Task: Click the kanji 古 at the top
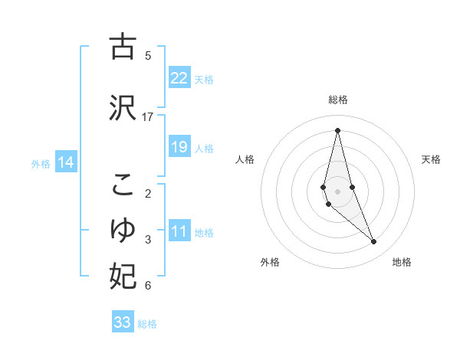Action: pos(123,47)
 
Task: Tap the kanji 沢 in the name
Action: pos(123,109)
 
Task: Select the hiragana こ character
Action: pos(123,185)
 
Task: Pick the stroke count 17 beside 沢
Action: pos(148,116)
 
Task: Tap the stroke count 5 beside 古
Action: pos(148,55)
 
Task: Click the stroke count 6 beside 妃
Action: pos(148,286)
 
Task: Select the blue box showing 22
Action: pos(179,77)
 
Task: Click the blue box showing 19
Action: pos(179,146)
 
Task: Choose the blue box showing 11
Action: pos(179,231)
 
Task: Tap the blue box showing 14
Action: pos(66,162)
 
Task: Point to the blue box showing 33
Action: pos(123,322)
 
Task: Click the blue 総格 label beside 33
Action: pos(147,324)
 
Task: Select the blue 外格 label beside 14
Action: pos(41,163)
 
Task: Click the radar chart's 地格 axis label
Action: pos(402,262)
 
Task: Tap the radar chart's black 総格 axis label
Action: pos(337,100)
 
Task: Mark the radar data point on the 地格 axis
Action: pos(374,242)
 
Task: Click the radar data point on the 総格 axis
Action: pos(337,129)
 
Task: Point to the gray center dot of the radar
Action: pos(337,191)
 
